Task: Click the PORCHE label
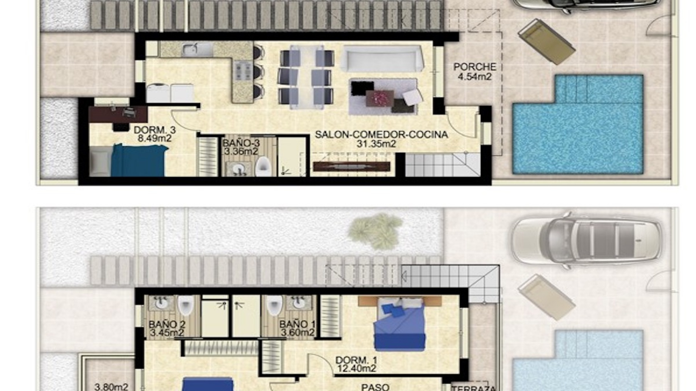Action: (x=475, y=67)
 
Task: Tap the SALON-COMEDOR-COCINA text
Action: (x=381, y=135)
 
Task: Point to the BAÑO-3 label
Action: (x=241, y=143)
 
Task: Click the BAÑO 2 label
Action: (x=167, y=324)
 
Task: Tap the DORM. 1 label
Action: (x=356, y=360)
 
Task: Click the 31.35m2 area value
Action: (x=376, y=144)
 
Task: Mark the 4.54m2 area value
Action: (x=475, y=76)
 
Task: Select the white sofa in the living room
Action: (x=382, y=59)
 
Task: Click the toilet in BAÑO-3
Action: (x=263, y=167)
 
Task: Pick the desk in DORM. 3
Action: (x=118, y=114)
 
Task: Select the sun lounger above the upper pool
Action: (x=546, y=42)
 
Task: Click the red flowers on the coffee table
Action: (x=380, y=97)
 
